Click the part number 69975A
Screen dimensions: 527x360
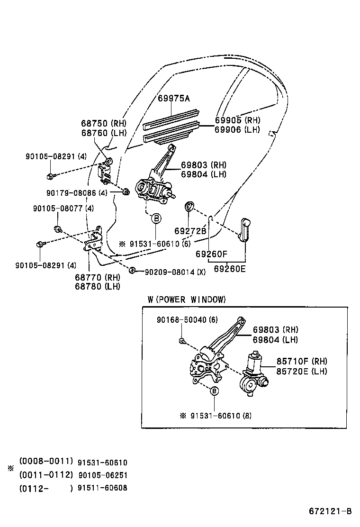pos(173,98)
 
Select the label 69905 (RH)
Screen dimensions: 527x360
pos(237,120)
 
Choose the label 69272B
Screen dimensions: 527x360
pos(190,231)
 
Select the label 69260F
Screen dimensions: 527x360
pos(212,254)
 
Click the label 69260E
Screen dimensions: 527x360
pos(230,269)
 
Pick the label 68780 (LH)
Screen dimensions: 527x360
pos(97,286)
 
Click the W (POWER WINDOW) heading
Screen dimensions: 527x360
pos(187,300)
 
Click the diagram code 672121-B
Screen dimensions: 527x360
pos(330,511)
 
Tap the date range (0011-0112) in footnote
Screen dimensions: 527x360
pos(46,474)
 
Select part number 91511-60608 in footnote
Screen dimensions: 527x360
pos(103,488)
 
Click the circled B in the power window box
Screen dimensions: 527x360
pos(214,391)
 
